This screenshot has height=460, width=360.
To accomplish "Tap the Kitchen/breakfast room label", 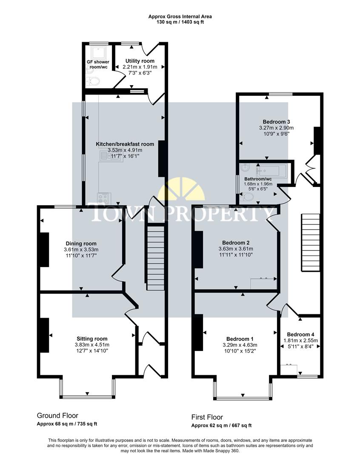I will (125, 144).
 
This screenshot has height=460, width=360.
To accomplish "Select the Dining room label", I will (80, 244).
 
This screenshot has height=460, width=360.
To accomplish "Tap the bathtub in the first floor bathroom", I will (272, 171).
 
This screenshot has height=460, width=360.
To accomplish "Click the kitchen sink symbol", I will (105, 156).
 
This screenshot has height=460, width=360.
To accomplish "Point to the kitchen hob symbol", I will (104, 198).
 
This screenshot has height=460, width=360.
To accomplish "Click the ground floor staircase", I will (156, 258).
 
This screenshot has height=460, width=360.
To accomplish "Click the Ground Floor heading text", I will (57, 416).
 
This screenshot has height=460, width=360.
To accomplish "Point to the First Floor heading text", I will (207, 417).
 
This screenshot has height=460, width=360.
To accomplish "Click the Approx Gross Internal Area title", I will (180, 17).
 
